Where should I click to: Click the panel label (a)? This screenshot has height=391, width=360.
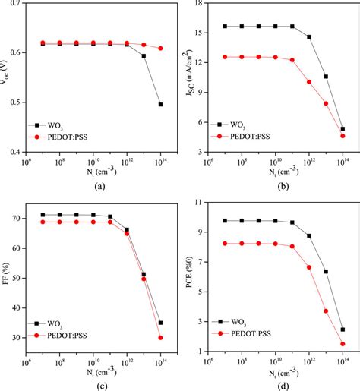93,184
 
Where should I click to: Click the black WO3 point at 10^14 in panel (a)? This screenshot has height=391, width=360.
160,104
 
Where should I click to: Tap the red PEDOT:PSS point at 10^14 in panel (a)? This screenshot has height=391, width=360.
160,49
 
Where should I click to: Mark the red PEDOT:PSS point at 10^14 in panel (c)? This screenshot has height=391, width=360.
160,338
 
